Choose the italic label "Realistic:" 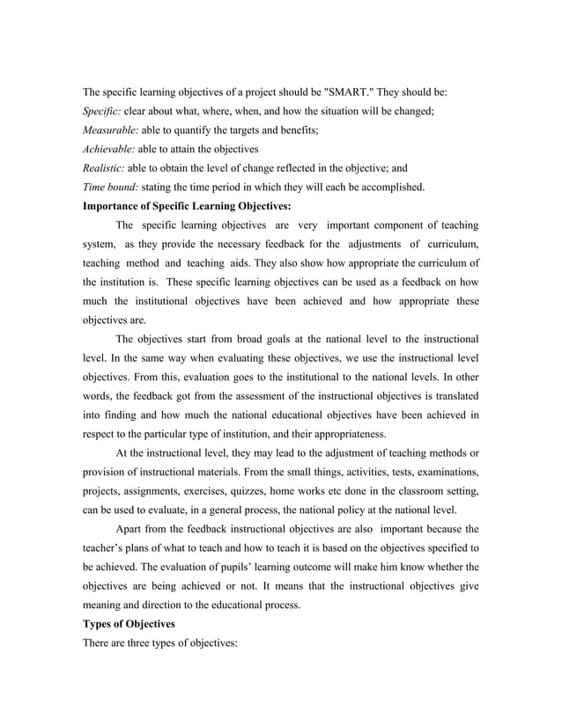104,168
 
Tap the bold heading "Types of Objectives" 129,622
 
